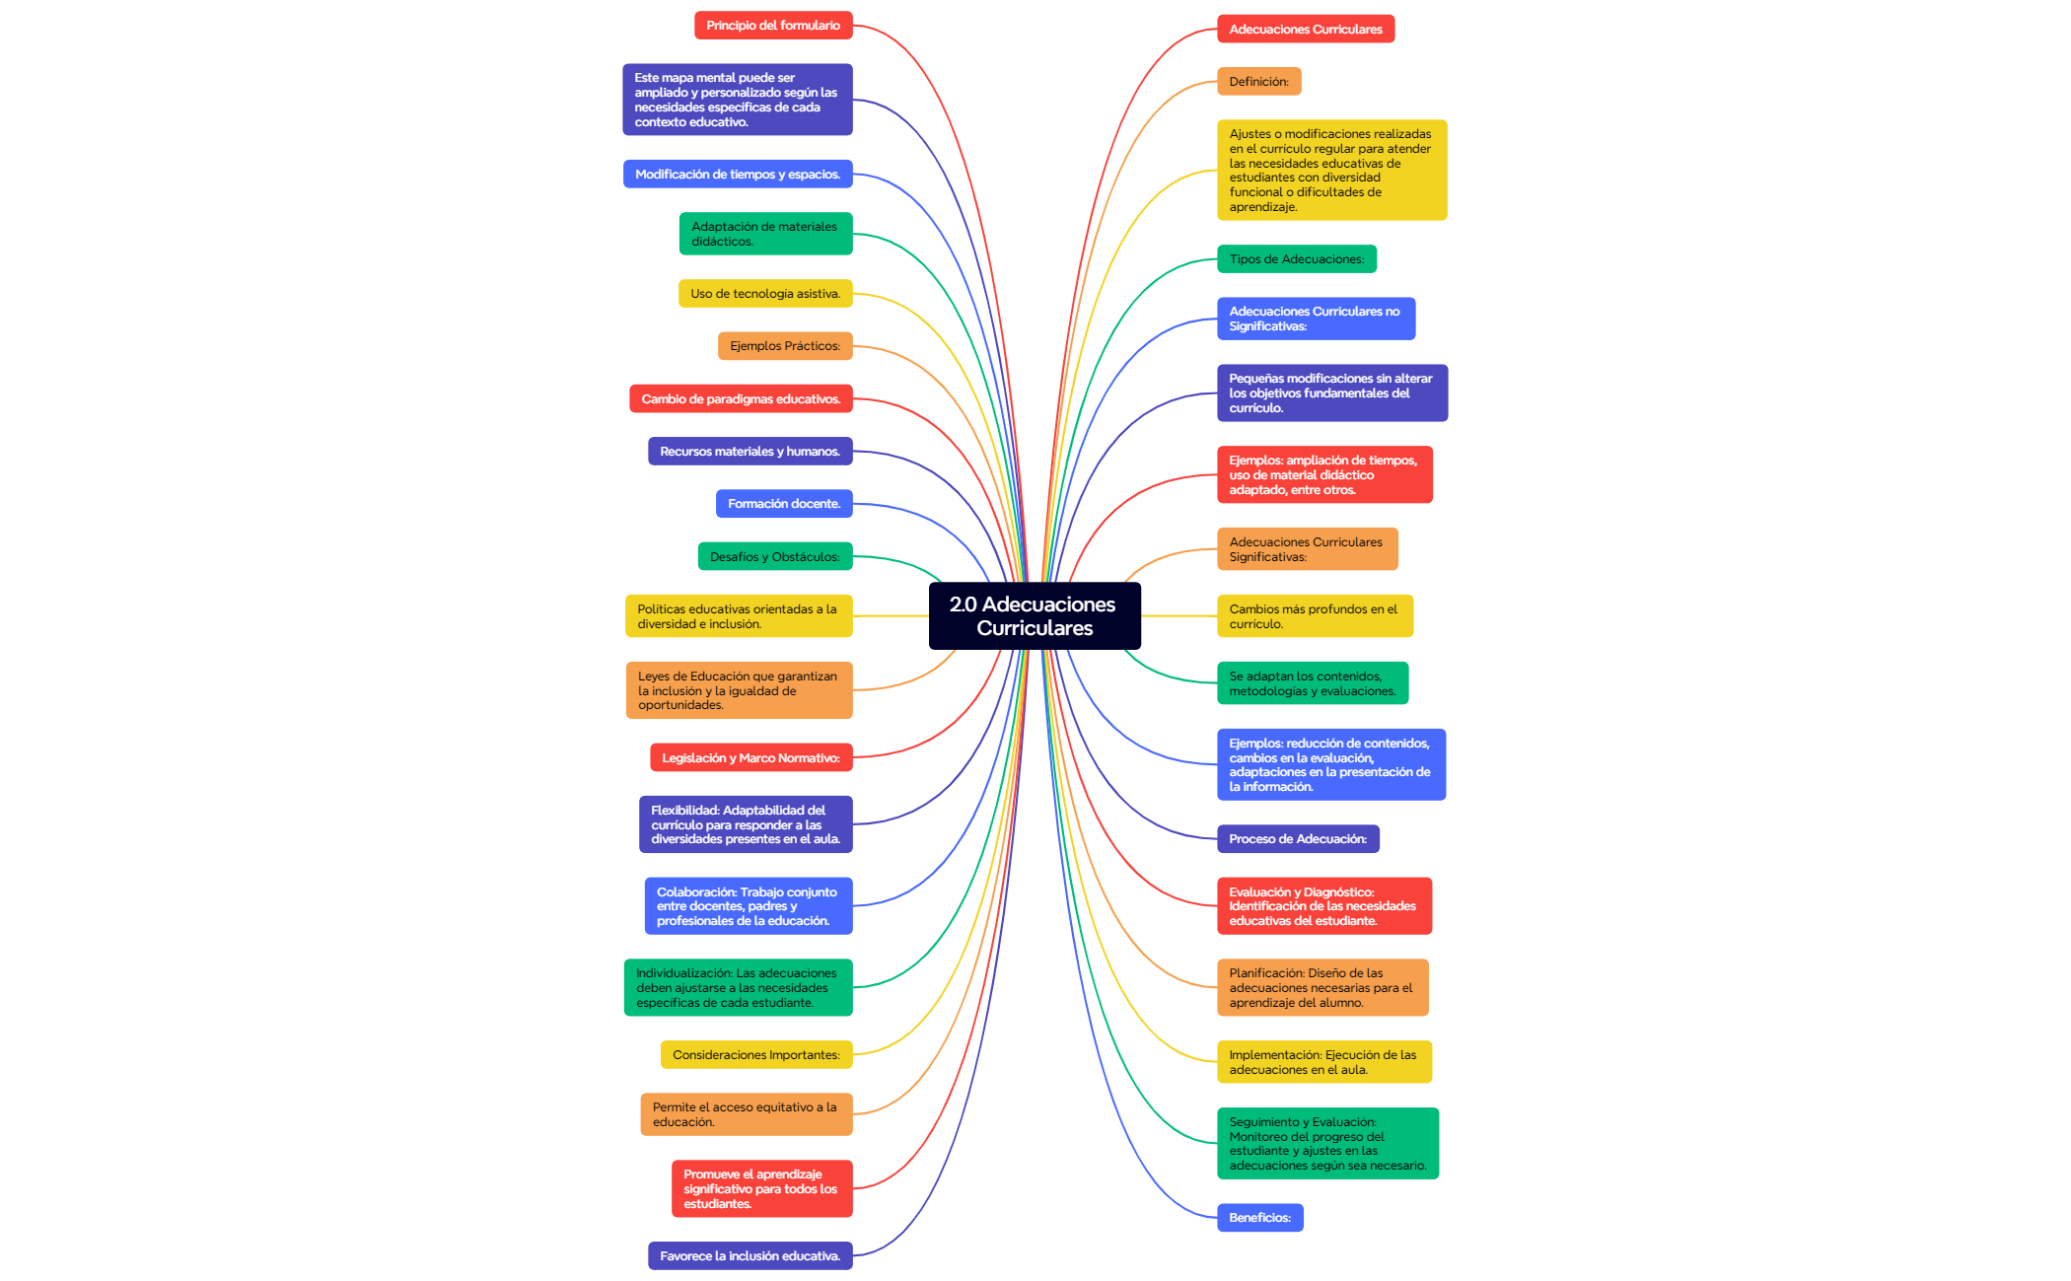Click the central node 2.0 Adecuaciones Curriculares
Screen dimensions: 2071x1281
(1035, 615)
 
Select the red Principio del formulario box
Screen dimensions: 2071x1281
(773, 26)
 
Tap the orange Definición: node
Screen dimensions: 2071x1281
(1259, 82)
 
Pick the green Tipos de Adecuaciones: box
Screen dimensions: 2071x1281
(1297, 259)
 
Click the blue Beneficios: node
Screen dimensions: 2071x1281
(1260, 1218)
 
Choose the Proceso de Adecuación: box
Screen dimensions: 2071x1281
(1298, 839)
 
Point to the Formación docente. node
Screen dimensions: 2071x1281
(784, 504)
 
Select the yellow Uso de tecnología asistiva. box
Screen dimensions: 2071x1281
(765, 294)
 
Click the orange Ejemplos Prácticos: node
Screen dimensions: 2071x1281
(785, 346)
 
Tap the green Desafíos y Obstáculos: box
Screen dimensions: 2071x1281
(775, 557)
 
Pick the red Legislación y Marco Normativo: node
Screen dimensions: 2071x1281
(751, 758)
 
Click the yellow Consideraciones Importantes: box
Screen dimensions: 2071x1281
(756, 1055)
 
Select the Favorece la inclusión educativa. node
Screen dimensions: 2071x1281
(750, 1256)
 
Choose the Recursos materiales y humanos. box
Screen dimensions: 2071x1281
(750, 452)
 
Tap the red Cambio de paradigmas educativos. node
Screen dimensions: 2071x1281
(741, 399)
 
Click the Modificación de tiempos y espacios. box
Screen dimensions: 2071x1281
(738, 175)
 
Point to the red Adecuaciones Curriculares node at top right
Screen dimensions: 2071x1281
(1306, 30)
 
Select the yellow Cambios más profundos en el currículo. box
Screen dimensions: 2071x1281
(1315, 616)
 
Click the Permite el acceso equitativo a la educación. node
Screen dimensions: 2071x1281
(747, 1114)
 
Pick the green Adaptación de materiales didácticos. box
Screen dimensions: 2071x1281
(766, 234)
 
